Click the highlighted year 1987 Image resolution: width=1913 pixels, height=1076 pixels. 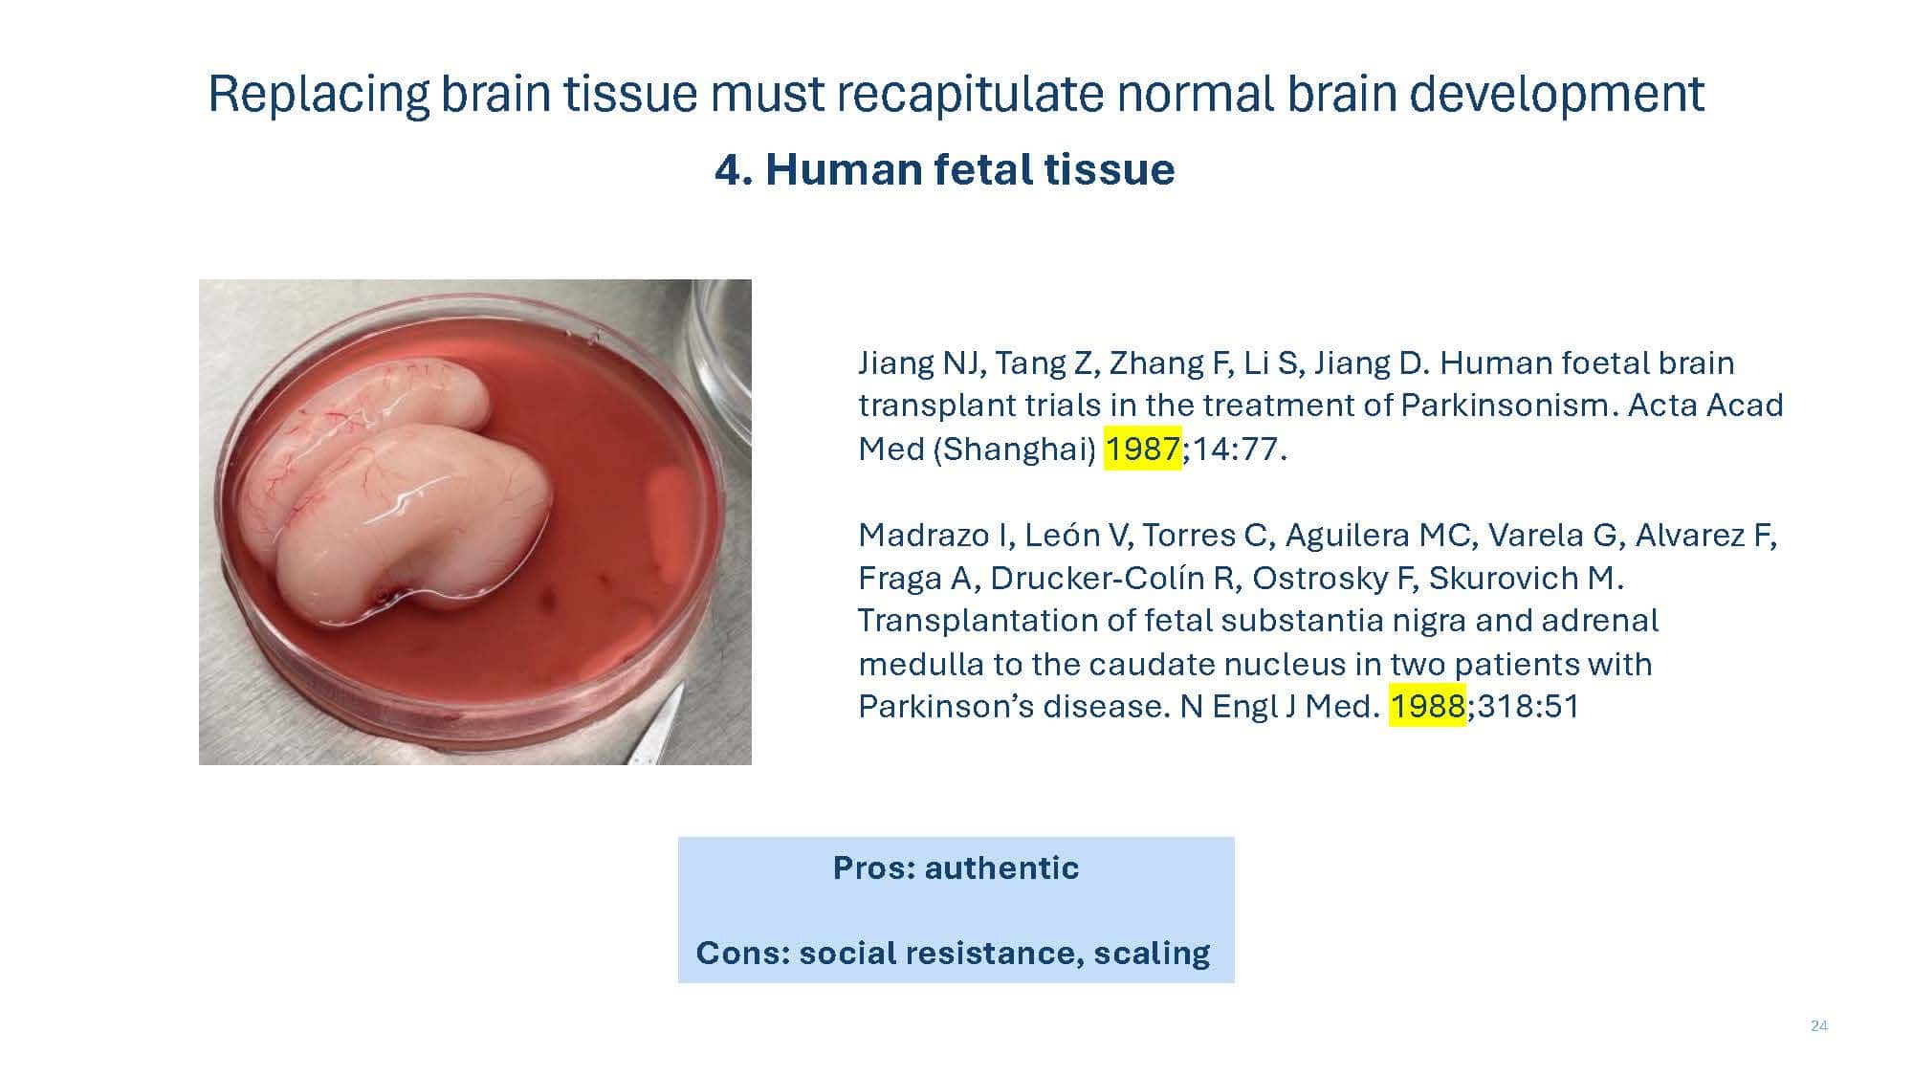click(1143, 449)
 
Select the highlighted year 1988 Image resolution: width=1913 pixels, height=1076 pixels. click(1427, 706)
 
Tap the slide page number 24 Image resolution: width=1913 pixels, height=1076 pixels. click(1818, 1026)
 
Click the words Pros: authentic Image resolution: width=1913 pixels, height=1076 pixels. click(956, 867)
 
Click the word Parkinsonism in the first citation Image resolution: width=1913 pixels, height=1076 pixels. click(1508, 406)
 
